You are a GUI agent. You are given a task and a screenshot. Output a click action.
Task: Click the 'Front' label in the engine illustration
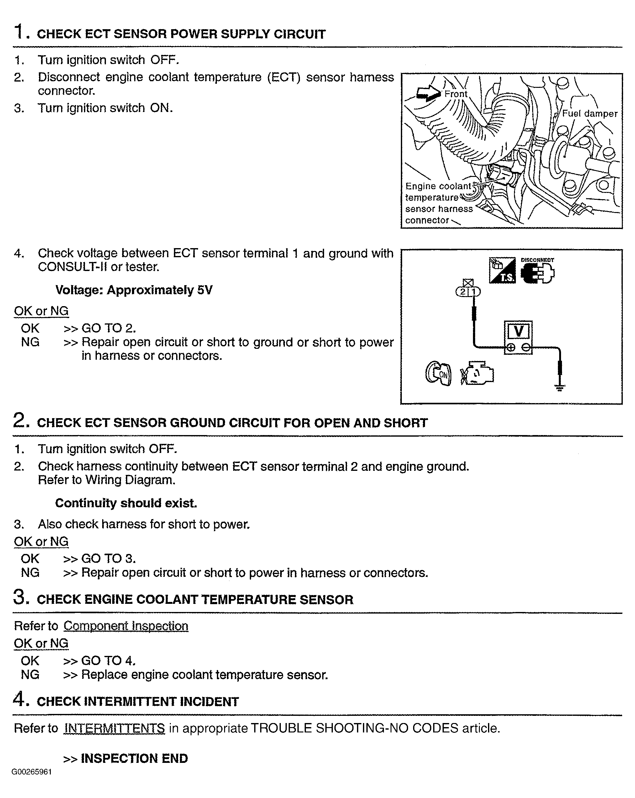(456, 94)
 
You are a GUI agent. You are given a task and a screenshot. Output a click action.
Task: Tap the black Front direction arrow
(428, 94)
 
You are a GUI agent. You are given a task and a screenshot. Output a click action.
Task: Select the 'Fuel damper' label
(590, 114)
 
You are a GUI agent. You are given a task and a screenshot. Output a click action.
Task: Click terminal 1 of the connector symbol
(474, 292)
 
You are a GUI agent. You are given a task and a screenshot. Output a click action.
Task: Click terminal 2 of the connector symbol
(463, 292)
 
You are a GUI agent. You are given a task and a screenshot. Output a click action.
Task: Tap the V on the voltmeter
(518, 331)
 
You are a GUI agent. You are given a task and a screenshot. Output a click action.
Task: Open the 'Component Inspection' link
(126, 626)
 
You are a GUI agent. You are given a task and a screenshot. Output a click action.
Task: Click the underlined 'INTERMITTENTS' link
(114, 728)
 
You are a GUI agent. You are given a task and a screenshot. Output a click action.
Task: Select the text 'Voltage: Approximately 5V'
(134, 290)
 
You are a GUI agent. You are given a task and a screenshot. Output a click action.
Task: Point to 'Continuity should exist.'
(126, 503)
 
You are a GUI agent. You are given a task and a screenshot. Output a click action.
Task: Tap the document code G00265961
(31, 772)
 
